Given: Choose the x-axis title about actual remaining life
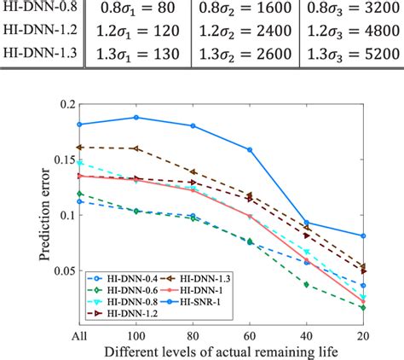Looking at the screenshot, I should tap(222, 351).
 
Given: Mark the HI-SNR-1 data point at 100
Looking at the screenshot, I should tap(136, 118).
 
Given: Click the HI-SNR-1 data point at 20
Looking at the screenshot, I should tap(363, 235).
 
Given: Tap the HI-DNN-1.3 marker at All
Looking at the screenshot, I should tap(79, 147).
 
